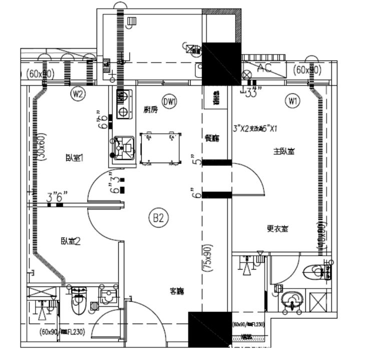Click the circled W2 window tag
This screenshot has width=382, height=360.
click(77, 93)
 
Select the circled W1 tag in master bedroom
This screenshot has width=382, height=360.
click(293, 101)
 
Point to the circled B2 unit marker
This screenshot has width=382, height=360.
click(159, 217)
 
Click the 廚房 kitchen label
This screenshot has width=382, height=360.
click(150, 110)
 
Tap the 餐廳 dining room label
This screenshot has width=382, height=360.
click(212, 138)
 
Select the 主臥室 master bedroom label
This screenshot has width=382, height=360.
click(283, 150)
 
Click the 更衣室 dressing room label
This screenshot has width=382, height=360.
click(277, 229)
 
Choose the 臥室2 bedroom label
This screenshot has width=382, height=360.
click(71, 241)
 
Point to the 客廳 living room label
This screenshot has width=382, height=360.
click(177, 291)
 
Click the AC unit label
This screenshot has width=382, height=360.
click(264, 68)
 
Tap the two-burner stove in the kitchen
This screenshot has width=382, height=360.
click(124, 104)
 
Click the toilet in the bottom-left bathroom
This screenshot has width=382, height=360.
click(79, 303)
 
